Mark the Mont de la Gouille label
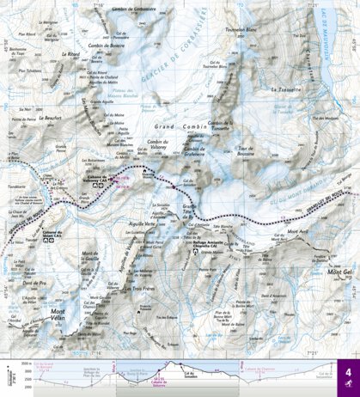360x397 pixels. point(89,254)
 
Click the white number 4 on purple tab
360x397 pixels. point(347,376)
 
